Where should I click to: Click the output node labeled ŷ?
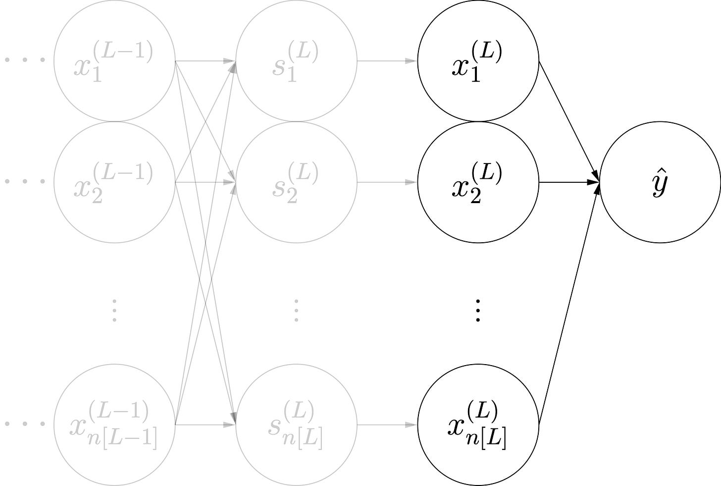point(660,182)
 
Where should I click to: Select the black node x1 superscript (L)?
point(478,61)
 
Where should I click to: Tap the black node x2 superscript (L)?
point(478,182)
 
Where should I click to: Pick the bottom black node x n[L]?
point(478,425)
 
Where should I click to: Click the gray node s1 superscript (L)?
point(296,61)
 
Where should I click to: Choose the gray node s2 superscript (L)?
point(296,182)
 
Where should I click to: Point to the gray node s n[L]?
point(296,425)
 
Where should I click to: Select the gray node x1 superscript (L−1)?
point(114,61)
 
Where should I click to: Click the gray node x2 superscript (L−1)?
point(114,182)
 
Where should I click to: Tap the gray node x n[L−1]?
point(114,425)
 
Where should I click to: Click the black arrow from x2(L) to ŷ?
point(569,182)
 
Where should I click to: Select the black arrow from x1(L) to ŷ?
point(569,121)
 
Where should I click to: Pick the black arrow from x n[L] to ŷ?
point(569,303)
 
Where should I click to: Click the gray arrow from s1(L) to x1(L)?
point(386,61)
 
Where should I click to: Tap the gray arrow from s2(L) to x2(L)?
point(386,182)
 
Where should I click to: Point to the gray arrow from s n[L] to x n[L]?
point(386,425)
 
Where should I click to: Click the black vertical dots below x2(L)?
point(478,311)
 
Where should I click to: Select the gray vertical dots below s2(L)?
point(296,311)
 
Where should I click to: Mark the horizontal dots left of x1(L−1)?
point(25,60)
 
